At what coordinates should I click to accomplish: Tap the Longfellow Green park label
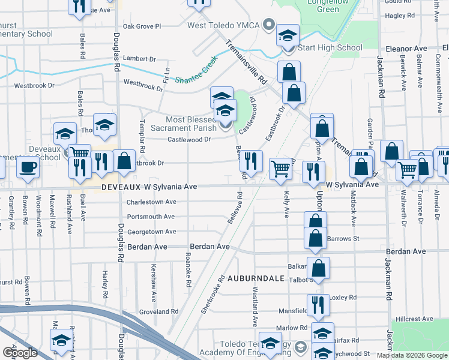pos(336,5)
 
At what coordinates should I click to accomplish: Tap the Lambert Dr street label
pos(139,59)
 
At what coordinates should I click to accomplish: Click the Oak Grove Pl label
pos(142,26)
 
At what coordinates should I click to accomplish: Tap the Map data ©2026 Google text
pos(411,355)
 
